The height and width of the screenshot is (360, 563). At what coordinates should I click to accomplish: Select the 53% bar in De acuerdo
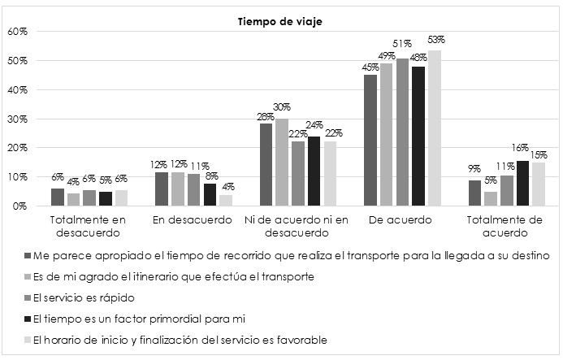pyautogui.click(x=435, y=128)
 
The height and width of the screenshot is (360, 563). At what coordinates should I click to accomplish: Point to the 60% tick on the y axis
pyautogui.click(x=18, y=32)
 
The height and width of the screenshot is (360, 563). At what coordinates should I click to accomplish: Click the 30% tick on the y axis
pyautogui.click(x=18, y=119)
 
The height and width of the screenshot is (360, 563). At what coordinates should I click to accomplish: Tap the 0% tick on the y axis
pyautogui.click(x=20, y=206)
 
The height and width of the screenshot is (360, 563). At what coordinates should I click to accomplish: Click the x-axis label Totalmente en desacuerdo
pyautogui.click(x=78, y=225)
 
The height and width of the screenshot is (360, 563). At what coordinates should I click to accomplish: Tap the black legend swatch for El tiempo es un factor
pyautogui.click(x=28, y=319)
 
